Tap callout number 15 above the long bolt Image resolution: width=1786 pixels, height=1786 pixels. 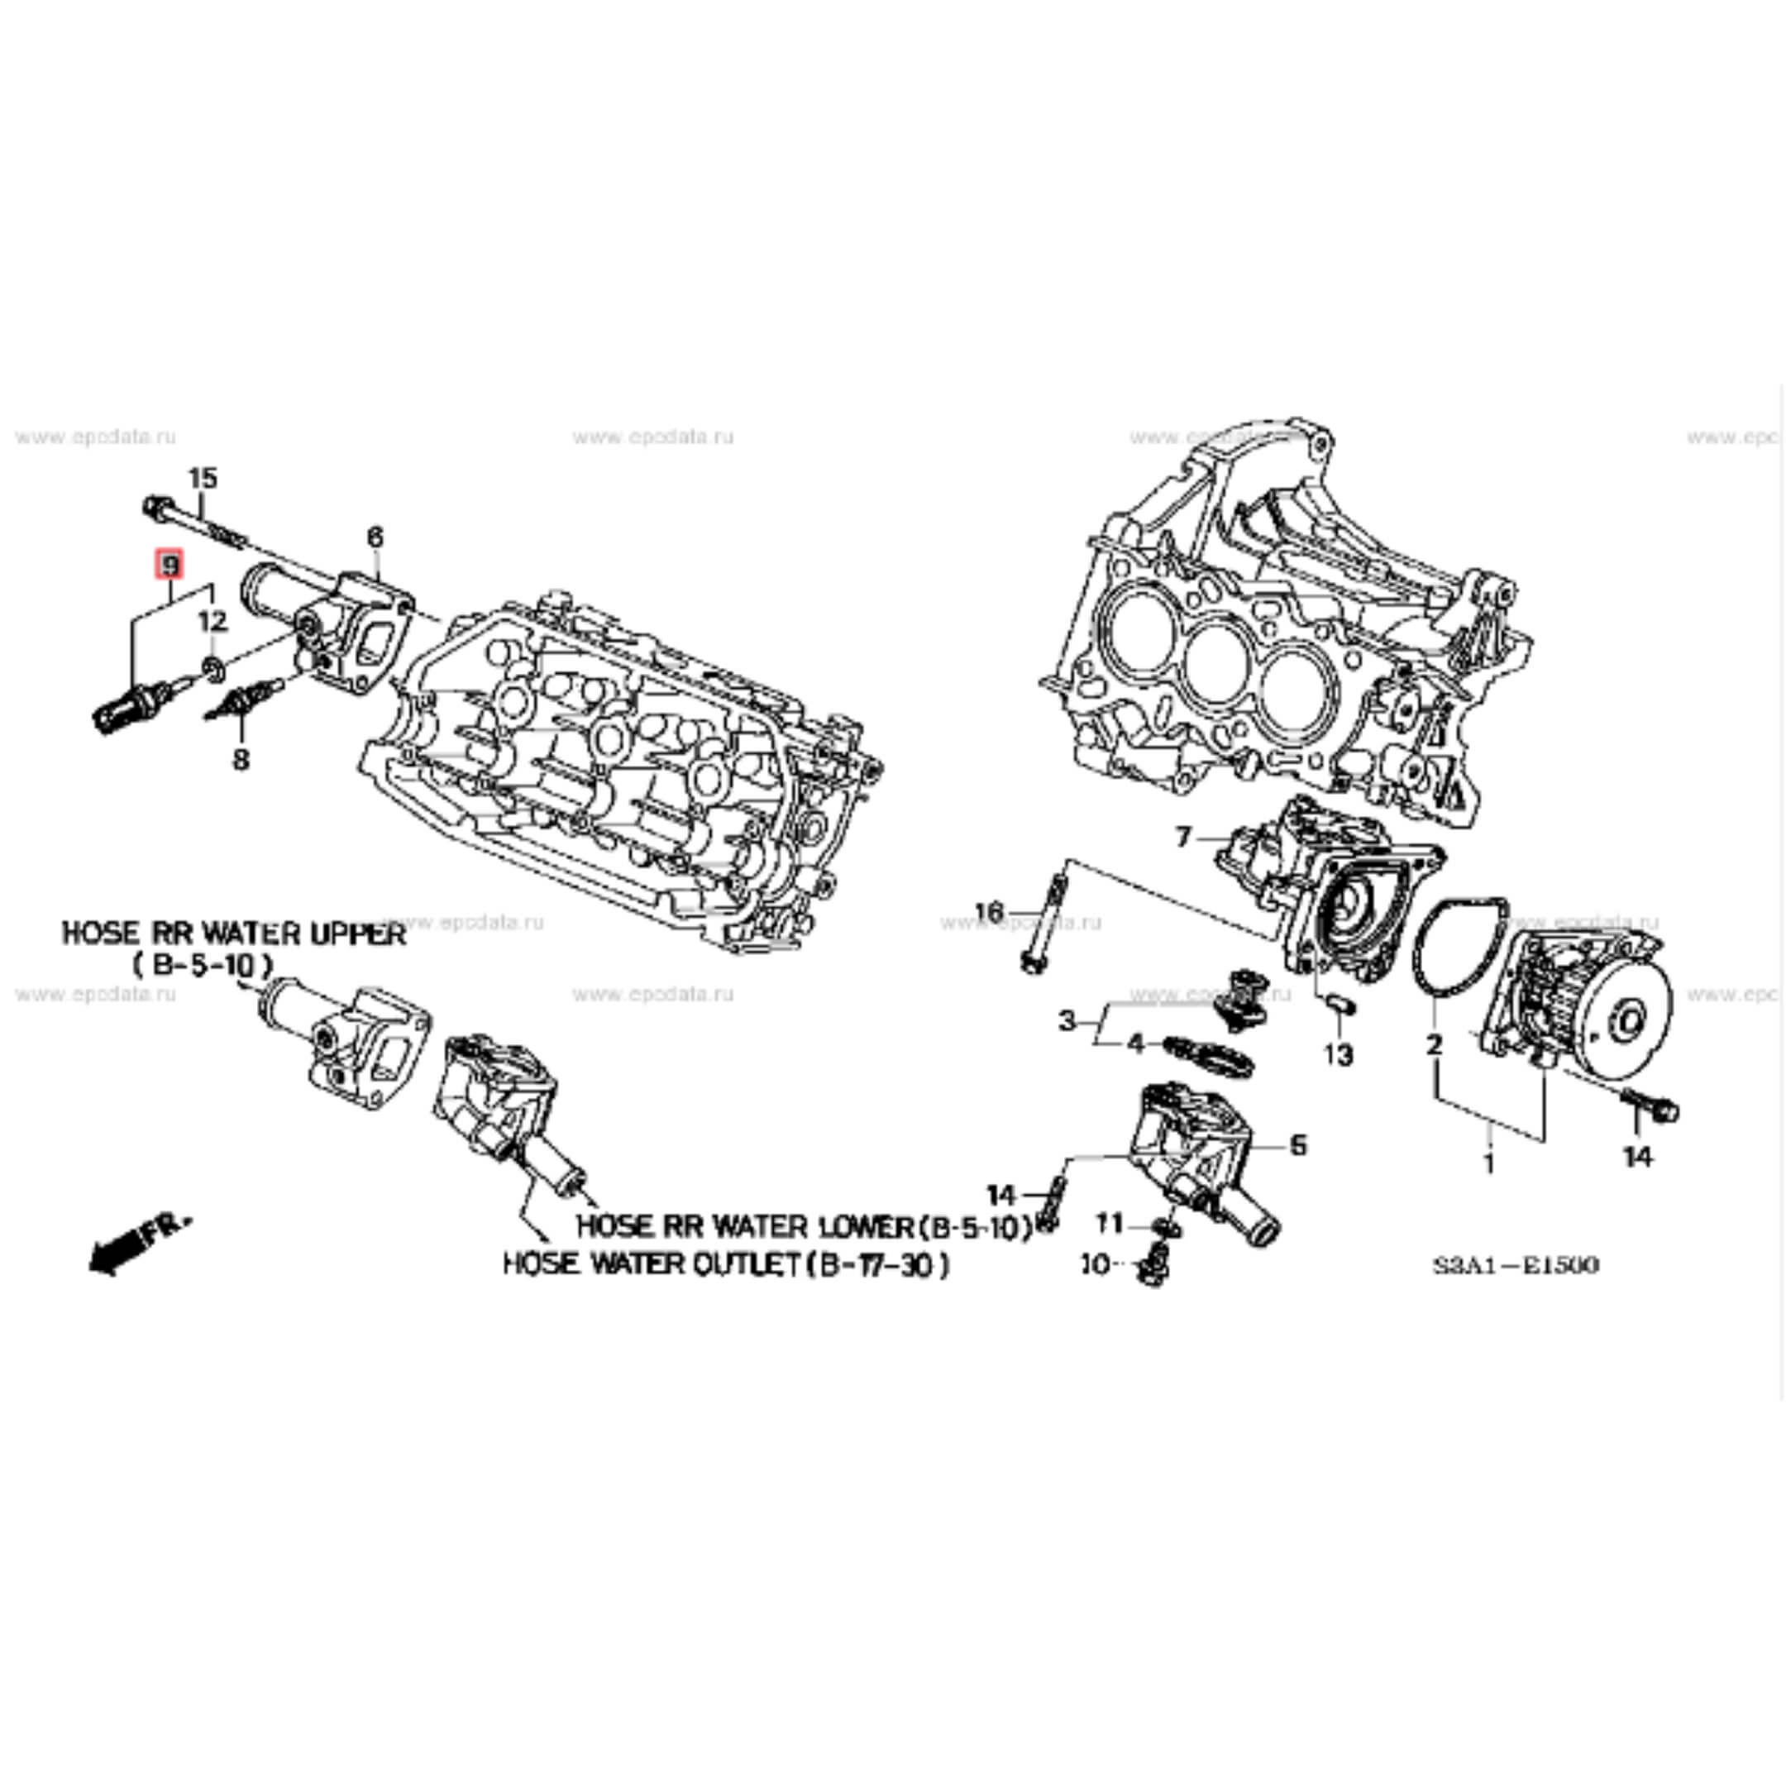coord(203,478)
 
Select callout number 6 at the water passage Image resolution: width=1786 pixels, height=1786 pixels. coord(375,537)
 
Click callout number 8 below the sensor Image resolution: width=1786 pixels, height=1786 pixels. coord(241,760)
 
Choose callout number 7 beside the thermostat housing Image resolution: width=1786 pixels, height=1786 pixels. coord(1185,838)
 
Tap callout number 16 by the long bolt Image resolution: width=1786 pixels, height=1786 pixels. coord(989,912)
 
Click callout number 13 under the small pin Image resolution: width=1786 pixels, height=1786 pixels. coord(1338,1054)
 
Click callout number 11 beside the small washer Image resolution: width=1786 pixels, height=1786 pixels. coord(1110,1224)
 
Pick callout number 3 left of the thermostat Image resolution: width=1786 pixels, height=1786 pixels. coord(1067,1021)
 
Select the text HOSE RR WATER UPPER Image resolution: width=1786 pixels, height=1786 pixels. coord(234,934)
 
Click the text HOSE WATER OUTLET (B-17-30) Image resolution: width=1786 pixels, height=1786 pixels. coord(726,1263)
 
